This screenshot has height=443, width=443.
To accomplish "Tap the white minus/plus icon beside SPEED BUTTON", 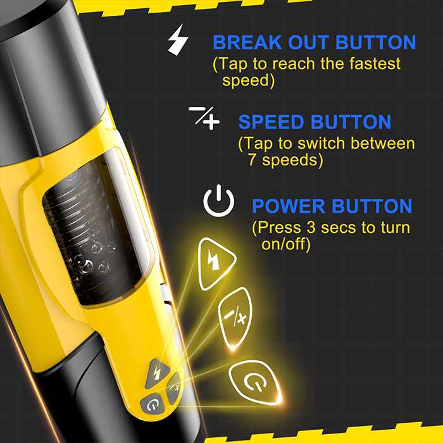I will pos(204,118).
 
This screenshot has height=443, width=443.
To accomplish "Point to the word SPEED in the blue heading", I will pos(269,122).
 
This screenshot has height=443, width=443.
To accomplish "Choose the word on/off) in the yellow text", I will pos(286,244).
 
